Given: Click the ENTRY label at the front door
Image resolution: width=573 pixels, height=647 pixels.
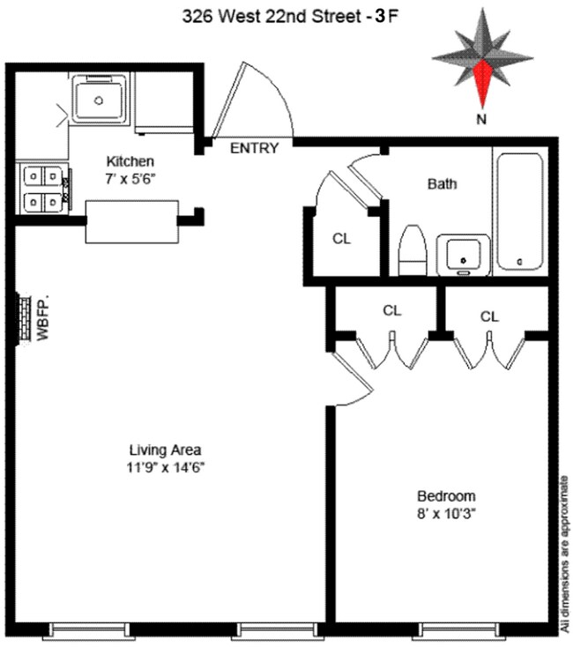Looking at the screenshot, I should click(x=254, y=148).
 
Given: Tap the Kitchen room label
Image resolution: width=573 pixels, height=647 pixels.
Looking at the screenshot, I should click(x=130, y=161).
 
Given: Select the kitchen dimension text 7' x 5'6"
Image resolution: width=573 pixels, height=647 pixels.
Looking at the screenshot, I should click(x=130, y=176).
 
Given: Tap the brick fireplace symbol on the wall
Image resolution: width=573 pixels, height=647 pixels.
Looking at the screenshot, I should click(x=22, y=317).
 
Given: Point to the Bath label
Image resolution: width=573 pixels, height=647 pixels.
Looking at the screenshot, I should click(x=442, y=184).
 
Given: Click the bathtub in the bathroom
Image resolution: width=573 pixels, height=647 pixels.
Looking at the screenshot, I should click(x=519, y=212).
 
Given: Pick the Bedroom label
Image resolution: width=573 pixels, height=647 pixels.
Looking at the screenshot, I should click(x=446, y=495).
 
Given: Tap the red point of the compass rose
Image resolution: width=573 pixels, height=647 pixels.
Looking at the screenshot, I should click(x=482, y=82).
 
